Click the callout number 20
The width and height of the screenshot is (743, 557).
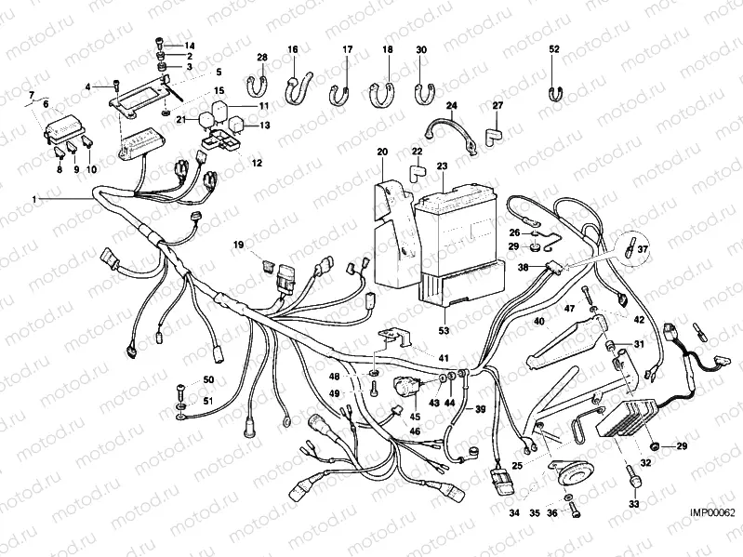tap(381, 151)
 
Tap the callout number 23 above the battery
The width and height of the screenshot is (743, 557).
tap(442, 166)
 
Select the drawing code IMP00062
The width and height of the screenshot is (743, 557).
tap(712, 512)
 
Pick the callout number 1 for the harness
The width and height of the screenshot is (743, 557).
tap(35, 200)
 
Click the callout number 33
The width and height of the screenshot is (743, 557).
tap(635, 504)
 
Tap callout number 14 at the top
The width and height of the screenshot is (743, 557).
tap(189, 46)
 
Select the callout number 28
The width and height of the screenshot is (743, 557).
tap(262, 58)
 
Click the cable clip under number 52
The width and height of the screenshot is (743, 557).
tap(554, 91)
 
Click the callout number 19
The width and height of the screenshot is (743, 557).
tap(238, 245)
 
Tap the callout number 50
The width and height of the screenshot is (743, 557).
tap(208, 380)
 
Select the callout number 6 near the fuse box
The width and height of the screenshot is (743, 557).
tap(46, 105)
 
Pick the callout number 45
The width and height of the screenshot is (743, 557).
tap(415, 418)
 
